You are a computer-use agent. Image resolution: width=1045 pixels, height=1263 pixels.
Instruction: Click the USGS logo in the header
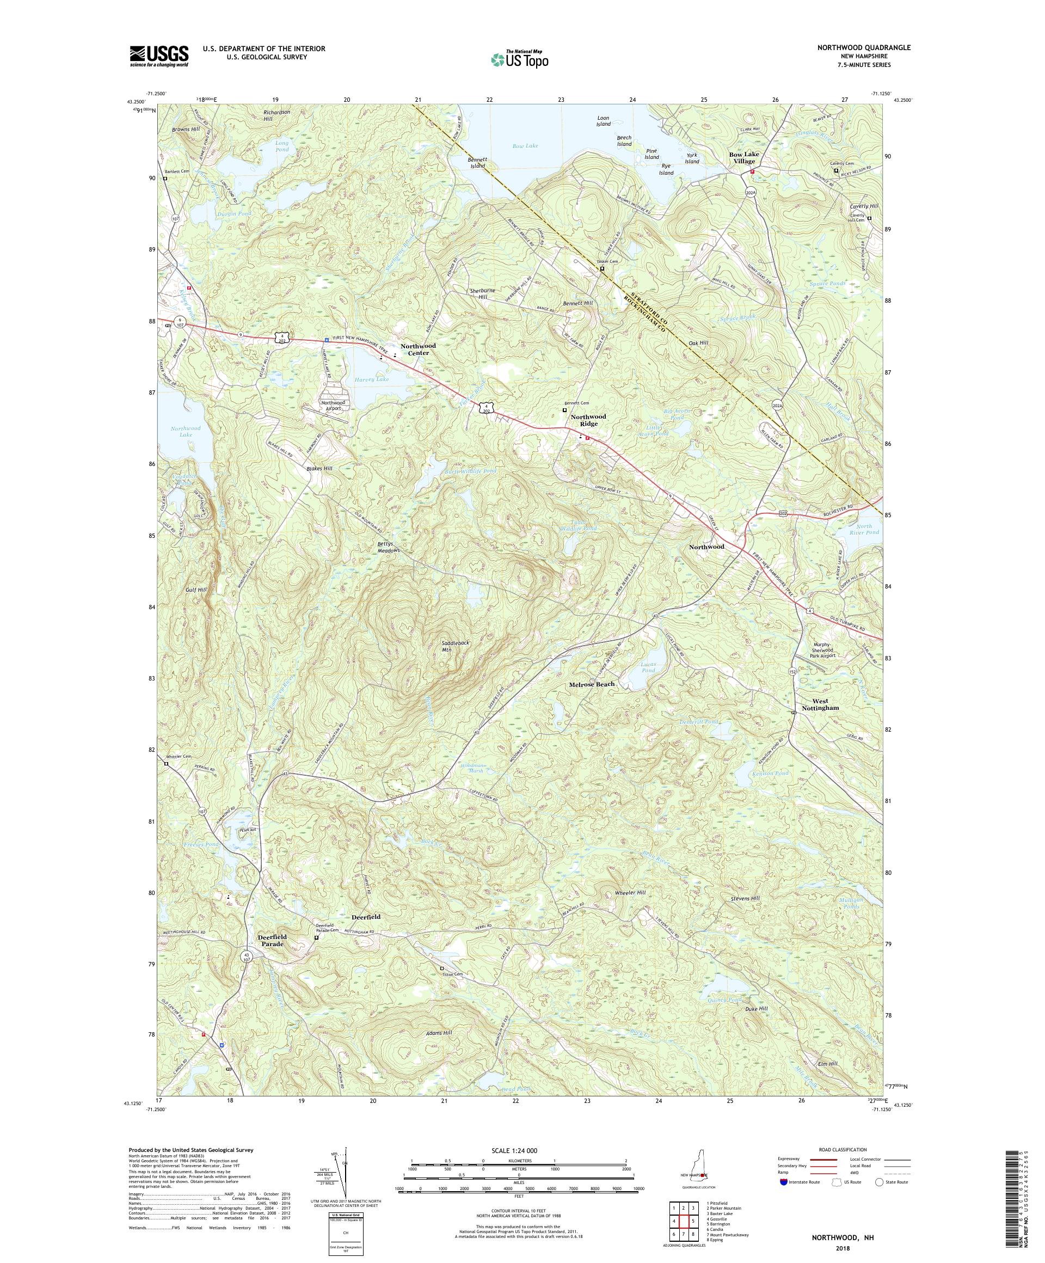click(x=159, y=57)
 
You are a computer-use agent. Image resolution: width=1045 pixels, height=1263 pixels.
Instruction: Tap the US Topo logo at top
click(x=520, y=59)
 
